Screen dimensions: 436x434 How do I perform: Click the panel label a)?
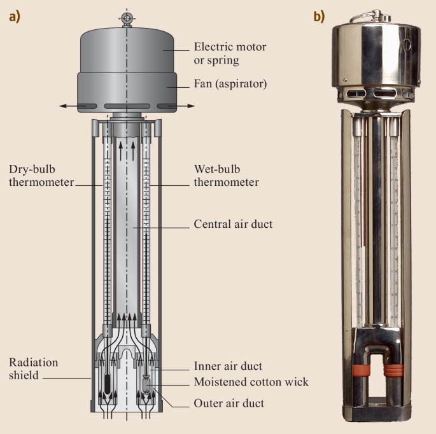pos(15,17)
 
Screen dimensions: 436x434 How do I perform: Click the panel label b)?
pos(320,17)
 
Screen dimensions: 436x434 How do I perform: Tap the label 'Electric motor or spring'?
pos(230,53)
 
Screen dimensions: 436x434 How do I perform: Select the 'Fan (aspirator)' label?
pos(230,84)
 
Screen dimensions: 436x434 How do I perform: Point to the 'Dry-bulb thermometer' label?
pos(41,176)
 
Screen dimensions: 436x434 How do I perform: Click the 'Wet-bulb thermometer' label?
pos(227,176)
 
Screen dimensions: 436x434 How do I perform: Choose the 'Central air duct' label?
pos(233,224)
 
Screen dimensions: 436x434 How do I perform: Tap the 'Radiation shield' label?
pos(33,369)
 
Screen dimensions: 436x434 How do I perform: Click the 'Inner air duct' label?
pos(228,366)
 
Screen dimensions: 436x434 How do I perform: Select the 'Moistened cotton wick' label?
pos(251,382)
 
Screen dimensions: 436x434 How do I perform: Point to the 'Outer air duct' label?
pos(229,403)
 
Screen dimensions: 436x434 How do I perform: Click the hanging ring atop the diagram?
pos(127,19)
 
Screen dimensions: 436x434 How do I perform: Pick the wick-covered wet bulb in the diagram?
pos(146,384)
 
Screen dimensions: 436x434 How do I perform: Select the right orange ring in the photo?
pos(393,370)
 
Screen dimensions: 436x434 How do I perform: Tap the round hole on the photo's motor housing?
pos(407,45)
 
